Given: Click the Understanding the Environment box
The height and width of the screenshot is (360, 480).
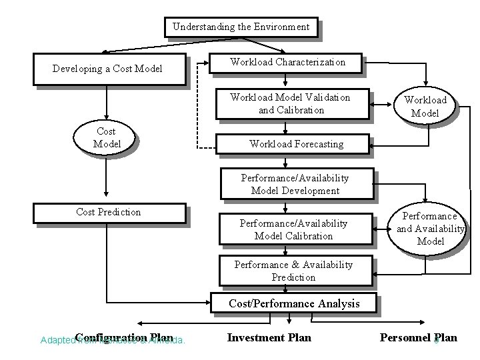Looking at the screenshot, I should point(241,27).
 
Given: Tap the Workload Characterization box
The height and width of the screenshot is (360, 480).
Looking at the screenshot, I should point(288,62).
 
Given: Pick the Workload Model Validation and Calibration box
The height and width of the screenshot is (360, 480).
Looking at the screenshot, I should point(291,104).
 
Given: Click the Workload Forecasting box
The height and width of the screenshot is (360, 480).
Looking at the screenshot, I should point(296,143).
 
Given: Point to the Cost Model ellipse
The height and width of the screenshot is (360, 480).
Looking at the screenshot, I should point(107,138).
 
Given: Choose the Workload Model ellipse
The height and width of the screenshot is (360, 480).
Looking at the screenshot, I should point(425,106).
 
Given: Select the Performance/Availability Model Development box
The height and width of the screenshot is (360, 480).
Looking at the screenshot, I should point(295,185).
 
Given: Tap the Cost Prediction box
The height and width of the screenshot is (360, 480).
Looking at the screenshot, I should point(109,212).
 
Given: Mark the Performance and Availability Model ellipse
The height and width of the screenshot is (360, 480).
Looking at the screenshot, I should point(430,229).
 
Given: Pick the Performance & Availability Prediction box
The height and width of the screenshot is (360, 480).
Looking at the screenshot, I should point(293,271).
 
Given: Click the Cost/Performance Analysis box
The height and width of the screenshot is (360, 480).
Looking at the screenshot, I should point(294,303).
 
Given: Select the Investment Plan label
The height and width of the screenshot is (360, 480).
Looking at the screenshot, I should point(269,337).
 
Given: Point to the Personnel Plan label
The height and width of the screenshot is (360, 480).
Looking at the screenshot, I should point(418,337).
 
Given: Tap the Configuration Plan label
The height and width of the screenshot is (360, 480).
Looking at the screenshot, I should point(125,337).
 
